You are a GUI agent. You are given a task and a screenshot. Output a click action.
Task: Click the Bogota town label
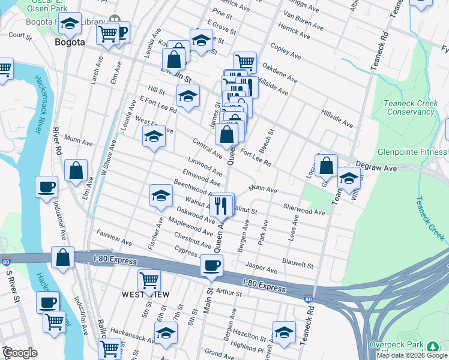tap(69, 43)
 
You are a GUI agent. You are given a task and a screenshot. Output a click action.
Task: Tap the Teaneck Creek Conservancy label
tap(411, 107)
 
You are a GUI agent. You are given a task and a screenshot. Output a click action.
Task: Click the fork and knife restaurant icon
tap(221, 205)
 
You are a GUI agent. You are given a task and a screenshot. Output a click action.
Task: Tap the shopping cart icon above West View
tap(149, 280)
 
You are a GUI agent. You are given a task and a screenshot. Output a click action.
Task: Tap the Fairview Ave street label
tap(114, 237)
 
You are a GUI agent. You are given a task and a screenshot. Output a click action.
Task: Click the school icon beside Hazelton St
tap(284, 332)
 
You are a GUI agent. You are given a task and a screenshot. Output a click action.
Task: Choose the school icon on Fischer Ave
tap(160, 196)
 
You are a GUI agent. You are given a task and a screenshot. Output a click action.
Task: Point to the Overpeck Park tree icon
tap(432, 347)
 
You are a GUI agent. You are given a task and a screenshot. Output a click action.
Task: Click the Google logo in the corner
tap(19, 353)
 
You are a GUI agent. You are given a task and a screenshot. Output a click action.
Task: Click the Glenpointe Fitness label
tap(412, 152)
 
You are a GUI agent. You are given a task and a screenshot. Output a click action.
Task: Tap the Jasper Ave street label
tap(261, 268)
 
